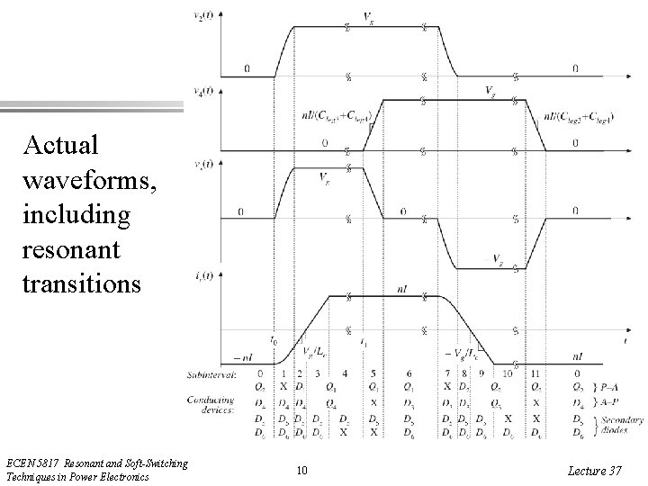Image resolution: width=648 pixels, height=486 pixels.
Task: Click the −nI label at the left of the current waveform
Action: click(244, 357)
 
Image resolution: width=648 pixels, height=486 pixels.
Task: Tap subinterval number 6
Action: click(409, 373)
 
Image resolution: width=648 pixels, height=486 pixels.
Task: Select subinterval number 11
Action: click(537, 373)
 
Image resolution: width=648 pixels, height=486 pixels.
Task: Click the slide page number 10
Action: click(302, 469)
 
